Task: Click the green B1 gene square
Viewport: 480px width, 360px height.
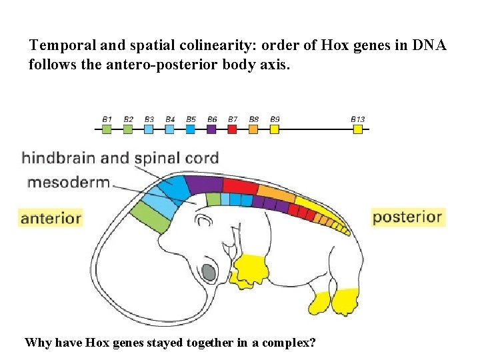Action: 107,129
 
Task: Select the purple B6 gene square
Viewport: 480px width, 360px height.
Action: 212,129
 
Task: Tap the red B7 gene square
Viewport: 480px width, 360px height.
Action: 233,129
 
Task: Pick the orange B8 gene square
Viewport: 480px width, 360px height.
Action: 253,129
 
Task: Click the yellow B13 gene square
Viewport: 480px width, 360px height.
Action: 358,129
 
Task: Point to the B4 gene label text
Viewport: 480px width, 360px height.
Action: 170,119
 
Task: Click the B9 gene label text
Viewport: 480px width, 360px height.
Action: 275,119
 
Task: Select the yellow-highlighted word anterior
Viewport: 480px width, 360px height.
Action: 51,217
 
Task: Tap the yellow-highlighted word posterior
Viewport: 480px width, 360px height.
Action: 407,217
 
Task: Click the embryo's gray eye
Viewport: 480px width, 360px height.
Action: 208,273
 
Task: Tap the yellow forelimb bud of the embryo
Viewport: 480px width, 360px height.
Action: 251,268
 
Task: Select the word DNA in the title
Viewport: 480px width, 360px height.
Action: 429,45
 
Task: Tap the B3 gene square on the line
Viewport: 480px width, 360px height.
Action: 149,129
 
